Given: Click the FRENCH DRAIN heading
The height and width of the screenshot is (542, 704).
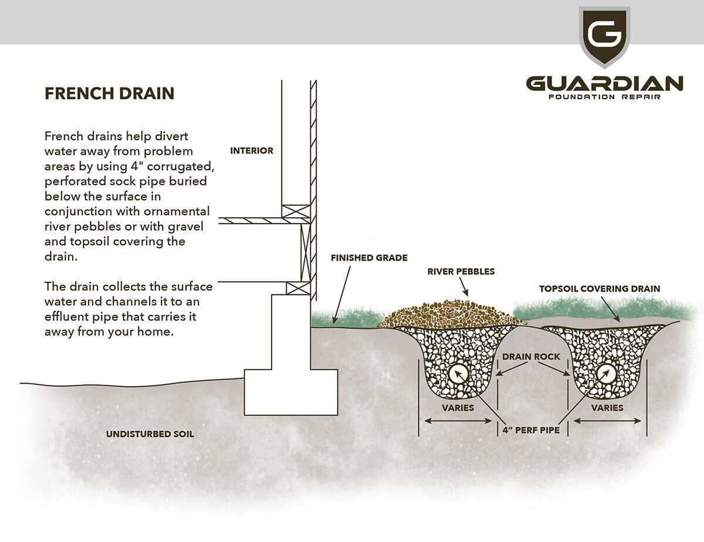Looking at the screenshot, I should [x=109, y=94].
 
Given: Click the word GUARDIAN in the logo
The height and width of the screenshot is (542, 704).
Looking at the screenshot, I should [x=604, y=83].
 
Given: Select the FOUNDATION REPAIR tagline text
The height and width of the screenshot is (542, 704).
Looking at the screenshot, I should [x=604, y=97].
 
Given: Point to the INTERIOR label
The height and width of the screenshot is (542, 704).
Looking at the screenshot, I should [x=252, y=151].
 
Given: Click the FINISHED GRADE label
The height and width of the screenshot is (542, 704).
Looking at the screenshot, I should [x=369, y=258].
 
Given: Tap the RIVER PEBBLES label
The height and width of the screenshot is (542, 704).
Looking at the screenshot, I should [x=461, y=272].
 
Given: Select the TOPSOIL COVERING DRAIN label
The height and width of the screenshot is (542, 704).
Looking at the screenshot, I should [x=600, y=289].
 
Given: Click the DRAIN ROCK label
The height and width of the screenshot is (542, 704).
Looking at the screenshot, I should [x=532, y=357].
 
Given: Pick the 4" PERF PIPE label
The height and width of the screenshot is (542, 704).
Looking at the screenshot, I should [x=531, y=430].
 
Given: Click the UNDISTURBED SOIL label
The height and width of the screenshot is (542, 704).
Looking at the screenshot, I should [x=150, y=435].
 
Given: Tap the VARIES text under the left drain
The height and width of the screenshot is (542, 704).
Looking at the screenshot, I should [x=458, y=408].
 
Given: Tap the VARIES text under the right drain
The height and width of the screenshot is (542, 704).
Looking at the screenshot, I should [x=607, y=408].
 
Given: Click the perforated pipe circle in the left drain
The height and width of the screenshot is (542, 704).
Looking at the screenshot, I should [x=458, y=373].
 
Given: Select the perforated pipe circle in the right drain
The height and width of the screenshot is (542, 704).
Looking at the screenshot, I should [x=607, y=373].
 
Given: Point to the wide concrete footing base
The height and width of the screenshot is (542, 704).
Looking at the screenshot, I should [x=290, y=392].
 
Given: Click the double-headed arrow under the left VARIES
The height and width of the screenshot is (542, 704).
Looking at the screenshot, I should [x=458, y=421].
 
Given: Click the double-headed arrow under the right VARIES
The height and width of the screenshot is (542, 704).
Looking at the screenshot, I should [x=607, y=421].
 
